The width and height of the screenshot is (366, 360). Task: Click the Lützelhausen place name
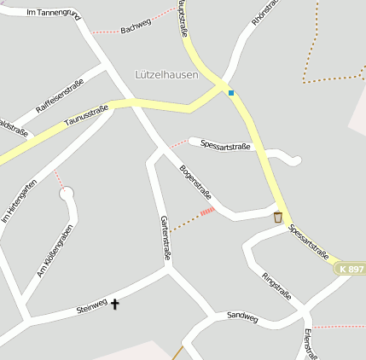[x=166, y=74]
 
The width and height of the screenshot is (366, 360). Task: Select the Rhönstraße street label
[x=265, y=17]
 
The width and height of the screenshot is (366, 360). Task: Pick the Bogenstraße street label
[x=195, y=181]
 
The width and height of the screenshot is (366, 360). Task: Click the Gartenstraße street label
[x=166, y=237]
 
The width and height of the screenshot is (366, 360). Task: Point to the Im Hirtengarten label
[x=20, y=201]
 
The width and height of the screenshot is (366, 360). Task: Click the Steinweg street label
[x=91, y=306]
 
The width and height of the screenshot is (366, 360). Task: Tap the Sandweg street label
[x=242, y=316]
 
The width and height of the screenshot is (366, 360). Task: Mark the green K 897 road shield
[x=350, y=269]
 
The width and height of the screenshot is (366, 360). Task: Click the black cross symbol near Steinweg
[x=115, y=303]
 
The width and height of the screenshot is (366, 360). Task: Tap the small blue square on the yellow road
[x=230, y=92]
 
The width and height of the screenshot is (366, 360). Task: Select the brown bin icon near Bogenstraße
[x=277, y=218]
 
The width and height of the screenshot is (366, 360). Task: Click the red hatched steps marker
[x=206, y=211]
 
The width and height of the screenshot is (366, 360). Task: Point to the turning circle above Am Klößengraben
[x=67, y=195]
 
